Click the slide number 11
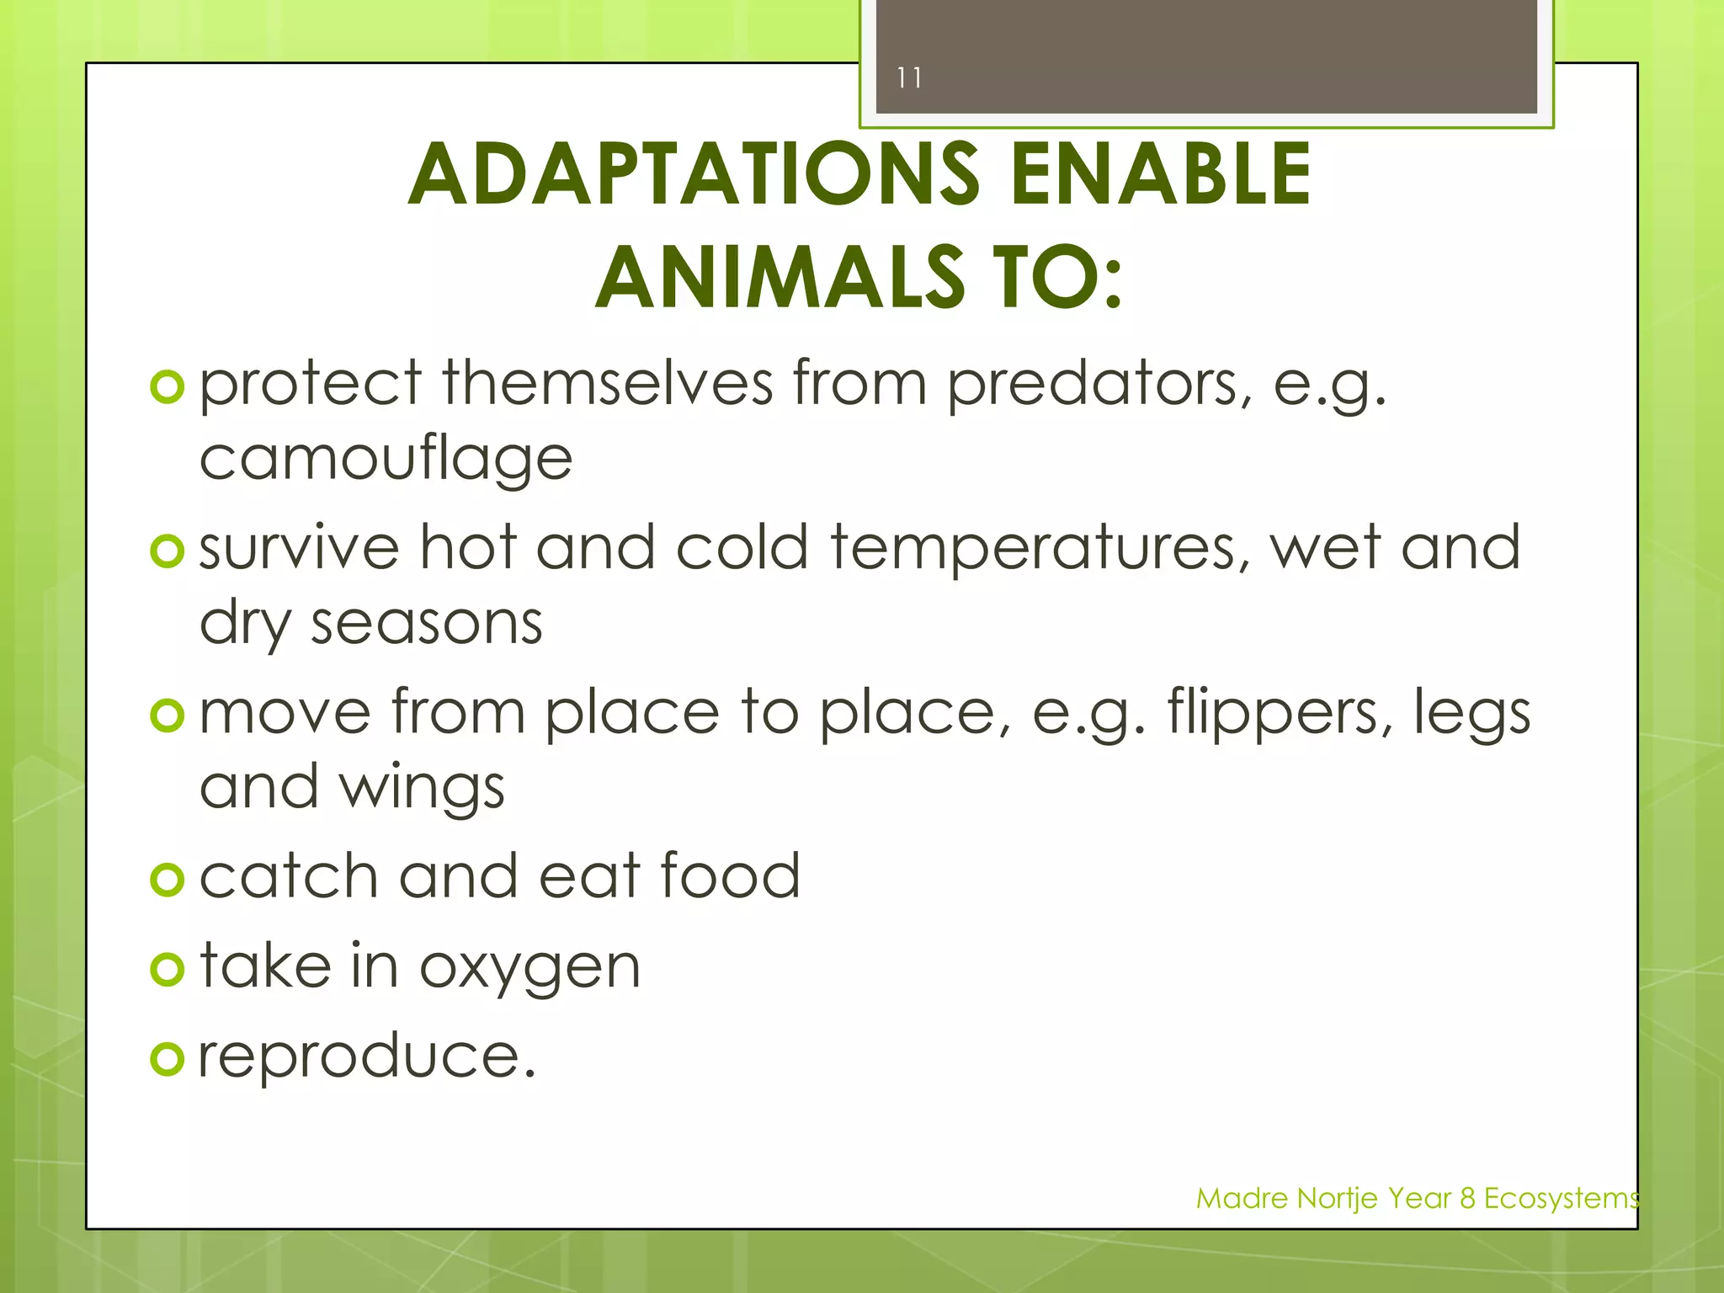click(909, 78)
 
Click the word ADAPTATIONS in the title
click(694, 174)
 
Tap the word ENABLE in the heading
click(1161, 174)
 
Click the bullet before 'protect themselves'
click(167, 387)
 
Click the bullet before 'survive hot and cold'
click(167, 551)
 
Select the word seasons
click(426, 625)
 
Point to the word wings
click(421, 790)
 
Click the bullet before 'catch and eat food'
click(167, 881)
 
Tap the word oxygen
click(529, 969)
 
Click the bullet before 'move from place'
click(167, 716)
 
